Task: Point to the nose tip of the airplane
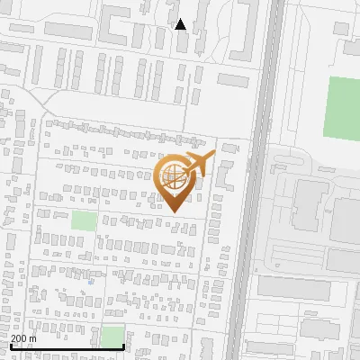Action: click(x=213, y=156)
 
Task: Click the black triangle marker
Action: click(x=181, y=24)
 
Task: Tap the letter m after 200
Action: click(x=33, y=338)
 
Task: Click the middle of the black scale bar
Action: click(x=67, y=346)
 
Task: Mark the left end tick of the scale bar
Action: click(x=10, y=345)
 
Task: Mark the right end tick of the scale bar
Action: click(x=123, y=345)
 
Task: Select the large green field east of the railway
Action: click(x=343, y=106)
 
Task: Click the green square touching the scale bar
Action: click(x=112, y=337)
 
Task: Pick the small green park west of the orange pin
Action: click(x=84, y=220)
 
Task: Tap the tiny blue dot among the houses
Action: click(x=91, y=281)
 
